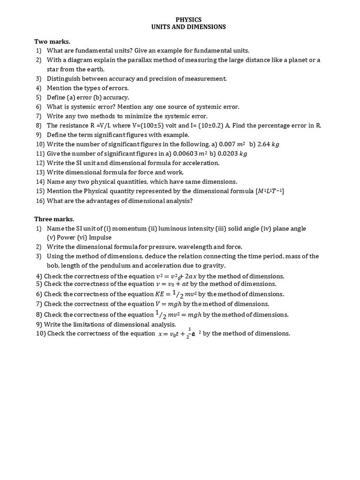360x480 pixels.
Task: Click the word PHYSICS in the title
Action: pos(188,20)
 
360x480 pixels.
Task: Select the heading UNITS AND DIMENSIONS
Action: pos(188,27)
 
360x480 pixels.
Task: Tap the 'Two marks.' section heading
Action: pos(52,42)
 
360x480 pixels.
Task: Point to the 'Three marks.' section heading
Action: pos(54,219)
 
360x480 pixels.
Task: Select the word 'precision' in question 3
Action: pos(154,79)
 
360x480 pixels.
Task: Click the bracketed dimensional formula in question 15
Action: pos(270,191)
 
